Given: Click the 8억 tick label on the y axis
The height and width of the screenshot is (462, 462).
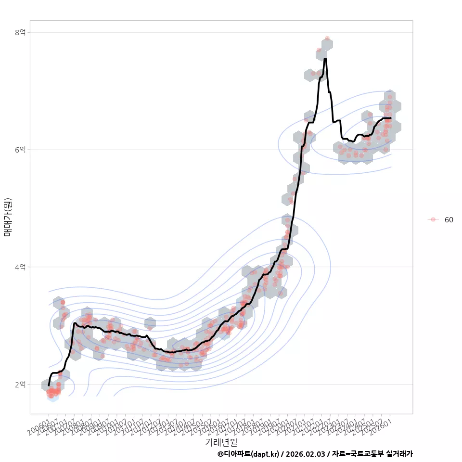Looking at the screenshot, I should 20,32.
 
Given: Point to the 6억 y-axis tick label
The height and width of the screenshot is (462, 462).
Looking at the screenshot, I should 20,150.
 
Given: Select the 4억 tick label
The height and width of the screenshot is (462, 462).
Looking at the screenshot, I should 20,267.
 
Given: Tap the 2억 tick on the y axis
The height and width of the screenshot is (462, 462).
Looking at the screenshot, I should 20,385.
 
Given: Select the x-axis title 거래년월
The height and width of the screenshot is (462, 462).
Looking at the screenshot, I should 221,442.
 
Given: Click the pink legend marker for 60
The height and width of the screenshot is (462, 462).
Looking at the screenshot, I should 433,219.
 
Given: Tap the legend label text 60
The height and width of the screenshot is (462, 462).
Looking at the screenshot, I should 449,220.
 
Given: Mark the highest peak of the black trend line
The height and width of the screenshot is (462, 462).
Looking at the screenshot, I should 325,59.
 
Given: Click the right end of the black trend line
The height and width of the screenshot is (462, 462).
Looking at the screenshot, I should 391,118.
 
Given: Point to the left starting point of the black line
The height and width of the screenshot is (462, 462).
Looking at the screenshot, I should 49,385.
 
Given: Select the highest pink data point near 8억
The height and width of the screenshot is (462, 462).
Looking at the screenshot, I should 327,38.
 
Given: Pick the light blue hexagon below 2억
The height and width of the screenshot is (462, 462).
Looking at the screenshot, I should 53,397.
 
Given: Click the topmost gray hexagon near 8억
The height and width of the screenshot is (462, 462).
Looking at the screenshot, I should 327,44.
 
